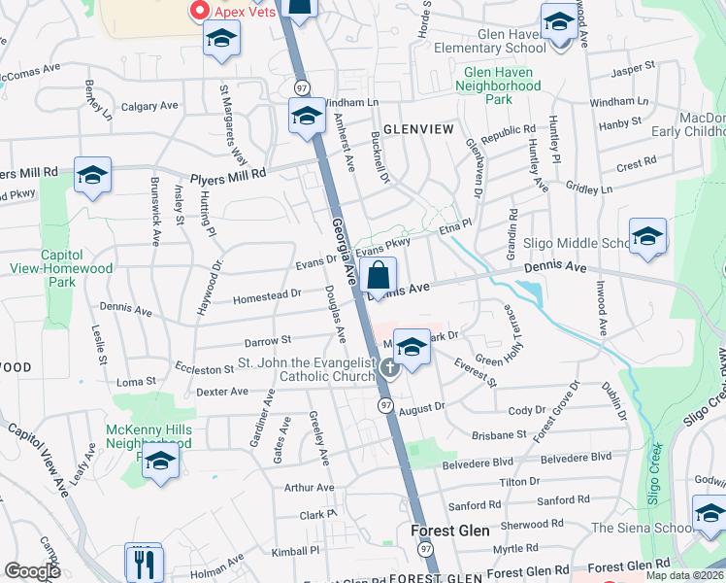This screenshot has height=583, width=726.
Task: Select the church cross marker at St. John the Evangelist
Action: point(390,367)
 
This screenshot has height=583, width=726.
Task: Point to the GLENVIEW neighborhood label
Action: point(418,128)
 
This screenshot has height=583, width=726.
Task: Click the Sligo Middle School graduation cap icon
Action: point(647,236)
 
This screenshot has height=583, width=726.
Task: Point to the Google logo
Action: point(32,571)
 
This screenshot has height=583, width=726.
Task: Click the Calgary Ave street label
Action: point(148,106)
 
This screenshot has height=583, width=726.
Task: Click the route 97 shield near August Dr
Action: point(386,404)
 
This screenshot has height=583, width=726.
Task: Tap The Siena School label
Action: point(640,528)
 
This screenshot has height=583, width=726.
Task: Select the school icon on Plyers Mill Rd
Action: point(92,174)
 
